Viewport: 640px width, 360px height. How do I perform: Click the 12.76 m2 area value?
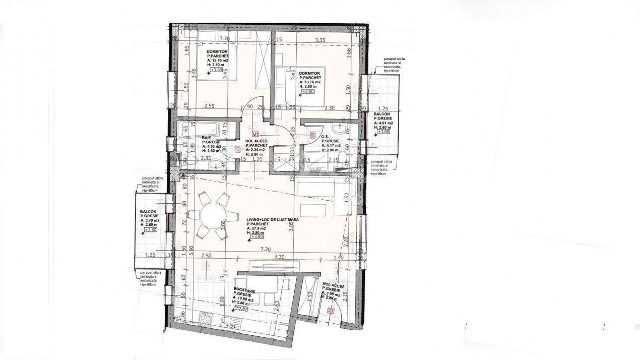tap(218, 61)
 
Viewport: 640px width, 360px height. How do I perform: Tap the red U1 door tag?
tap(256, 134)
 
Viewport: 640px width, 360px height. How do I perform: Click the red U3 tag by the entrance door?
tap(331, 312)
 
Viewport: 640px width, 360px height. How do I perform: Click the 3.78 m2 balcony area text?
tap(150, 220)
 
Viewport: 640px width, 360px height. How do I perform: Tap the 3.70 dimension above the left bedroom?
tap(224, 38)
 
